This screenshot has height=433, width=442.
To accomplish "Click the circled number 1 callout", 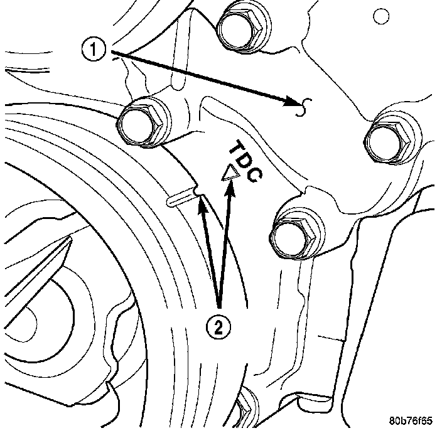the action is (x=94, y=50).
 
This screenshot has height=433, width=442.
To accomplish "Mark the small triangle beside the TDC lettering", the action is (x=230, y=173).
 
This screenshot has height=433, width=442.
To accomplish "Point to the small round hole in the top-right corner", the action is (x=381, y=16).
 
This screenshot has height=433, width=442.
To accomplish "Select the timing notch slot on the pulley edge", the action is (x=180, y=198).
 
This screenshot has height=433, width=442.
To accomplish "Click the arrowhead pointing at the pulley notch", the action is (x=202, y=204).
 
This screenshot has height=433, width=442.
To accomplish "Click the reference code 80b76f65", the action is (x=411, y=421).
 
